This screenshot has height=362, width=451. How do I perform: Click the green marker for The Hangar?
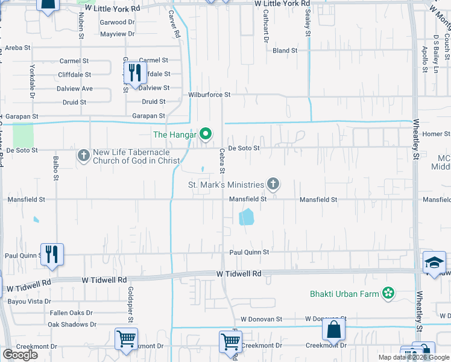(206, 134)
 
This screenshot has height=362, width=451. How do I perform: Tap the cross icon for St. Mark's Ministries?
(273, 184)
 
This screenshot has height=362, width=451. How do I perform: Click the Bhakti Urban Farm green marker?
(388, 294)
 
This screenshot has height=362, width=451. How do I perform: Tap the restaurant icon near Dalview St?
(135, 73)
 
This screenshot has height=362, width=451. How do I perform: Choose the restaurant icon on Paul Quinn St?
(52, 255)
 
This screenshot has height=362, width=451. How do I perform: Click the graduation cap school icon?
(434, 262)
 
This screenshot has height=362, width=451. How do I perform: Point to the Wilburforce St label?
(209, 95)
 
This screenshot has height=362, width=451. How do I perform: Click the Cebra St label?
(222, 162)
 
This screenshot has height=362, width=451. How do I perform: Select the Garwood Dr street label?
(118, 22)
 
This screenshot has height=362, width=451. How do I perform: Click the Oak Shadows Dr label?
(72, 325)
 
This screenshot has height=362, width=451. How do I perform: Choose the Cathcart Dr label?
(265, 28)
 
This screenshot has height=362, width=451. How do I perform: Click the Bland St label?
(285, 51)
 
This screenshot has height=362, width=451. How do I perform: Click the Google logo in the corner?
(20, 355)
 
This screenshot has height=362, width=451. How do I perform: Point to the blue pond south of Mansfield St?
(246, 217)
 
